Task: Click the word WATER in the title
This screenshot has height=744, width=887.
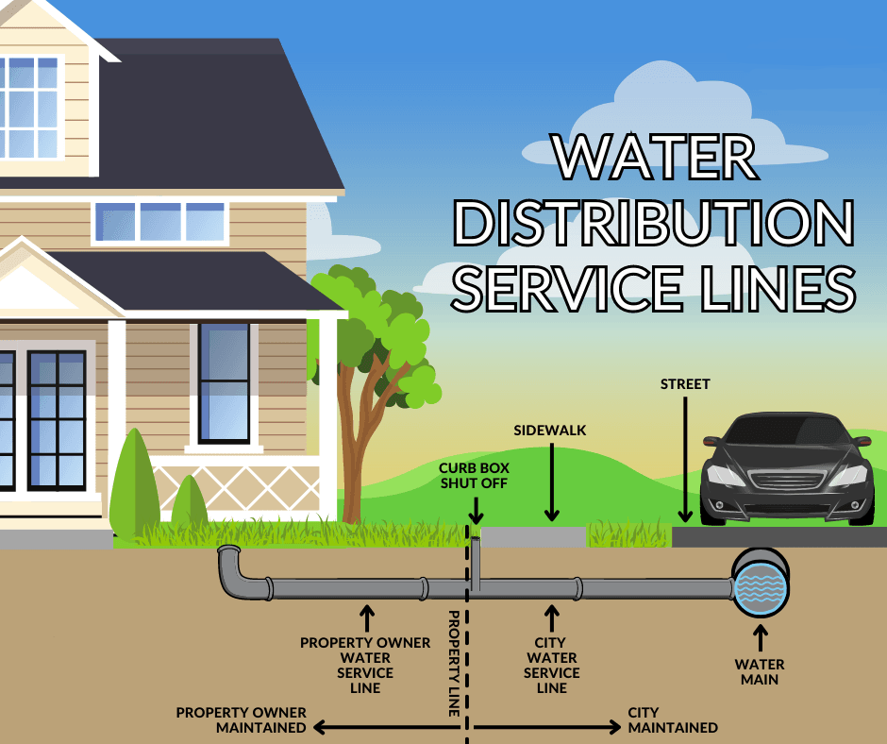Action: (x=655, y=157)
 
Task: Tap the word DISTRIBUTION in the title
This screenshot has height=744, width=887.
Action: (x=653, y=223)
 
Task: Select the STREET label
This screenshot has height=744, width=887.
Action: (x=685, y=384)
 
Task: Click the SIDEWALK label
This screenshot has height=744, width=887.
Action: (x=550, y=431)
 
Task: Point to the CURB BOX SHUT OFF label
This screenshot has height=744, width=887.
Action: (x=474, y=476)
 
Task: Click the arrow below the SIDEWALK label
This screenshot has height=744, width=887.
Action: (x=552, y=482)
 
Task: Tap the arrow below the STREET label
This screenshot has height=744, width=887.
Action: (x=685, y=459)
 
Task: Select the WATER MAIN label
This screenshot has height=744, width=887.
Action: (x=760, y=671)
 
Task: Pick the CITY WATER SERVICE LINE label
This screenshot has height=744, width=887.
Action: (x=552, y=666)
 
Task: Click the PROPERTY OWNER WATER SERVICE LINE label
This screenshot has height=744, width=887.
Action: (x=365, y=666)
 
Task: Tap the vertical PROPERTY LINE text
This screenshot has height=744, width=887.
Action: (x=454, y=664)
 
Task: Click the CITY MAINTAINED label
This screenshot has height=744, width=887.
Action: (x=673, y=719)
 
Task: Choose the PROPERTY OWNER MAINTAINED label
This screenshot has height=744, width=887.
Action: (x=241, y=719)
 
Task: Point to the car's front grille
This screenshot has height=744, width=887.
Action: (x=787, y=481)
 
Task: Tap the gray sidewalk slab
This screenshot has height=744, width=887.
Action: (x=533, y=537)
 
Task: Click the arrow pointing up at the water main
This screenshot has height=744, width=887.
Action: (x=761, y=638)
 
